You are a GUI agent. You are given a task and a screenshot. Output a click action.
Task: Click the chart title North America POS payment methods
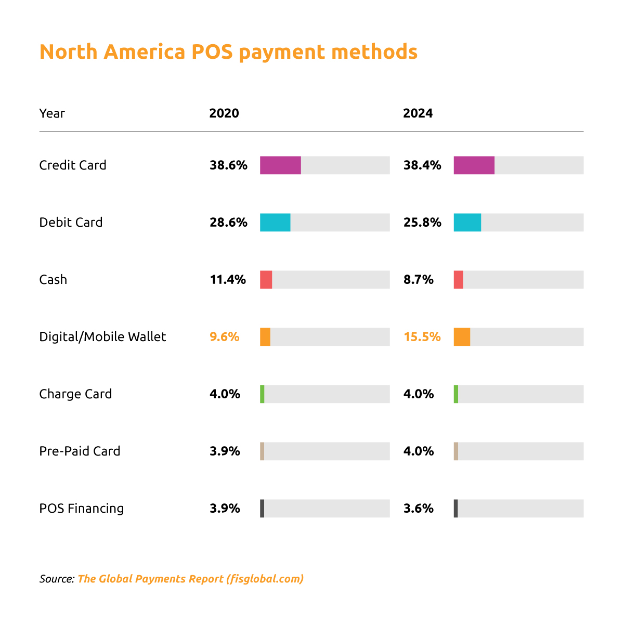[228, 52]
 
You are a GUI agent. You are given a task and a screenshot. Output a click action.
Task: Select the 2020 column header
[224, 113]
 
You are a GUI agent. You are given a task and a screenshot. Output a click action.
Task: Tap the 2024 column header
[418, 113]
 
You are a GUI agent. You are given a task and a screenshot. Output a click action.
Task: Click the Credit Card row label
[73, 165]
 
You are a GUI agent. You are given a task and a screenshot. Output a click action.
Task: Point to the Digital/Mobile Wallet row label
[102, 337]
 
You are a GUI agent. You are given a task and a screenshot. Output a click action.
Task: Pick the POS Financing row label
[82, 509]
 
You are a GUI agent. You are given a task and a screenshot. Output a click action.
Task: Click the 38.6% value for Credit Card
[228, 165]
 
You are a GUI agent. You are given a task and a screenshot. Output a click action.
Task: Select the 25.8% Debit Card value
[422, 223]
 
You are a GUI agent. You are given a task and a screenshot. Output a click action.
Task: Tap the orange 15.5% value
[422, 337]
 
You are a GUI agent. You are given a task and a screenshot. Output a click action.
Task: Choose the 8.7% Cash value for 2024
[418, 280]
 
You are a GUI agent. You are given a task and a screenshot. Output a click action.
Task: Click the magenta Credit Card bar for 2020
[280, 165]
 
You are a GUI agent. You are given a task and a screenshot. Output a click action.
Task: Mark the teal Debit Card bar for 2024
[467, 223]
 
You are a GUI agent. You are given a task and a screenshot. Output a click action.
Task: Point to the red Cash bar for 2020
[266, 280]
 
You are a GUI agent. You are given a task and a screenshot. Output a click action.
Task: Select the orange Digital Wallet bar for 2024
[462, 337]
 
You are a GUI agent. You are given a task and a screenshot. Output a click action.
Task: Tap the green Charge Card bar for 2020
[262, 394]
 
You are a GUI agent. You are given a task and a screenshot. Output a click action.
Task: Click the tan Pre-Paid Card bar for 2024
[456, 451]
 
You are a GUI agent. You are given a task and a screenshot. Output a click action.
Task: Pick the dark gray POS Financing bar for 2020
[262, 509]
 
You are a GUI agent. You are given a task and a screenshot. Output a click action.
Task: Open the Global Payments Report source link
[190, 579]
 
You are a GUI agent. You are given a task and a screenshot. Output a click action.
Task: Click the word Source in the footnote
[56, 579]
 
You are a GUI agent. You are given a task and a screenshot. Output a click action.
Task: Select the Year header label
[52, 113]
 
